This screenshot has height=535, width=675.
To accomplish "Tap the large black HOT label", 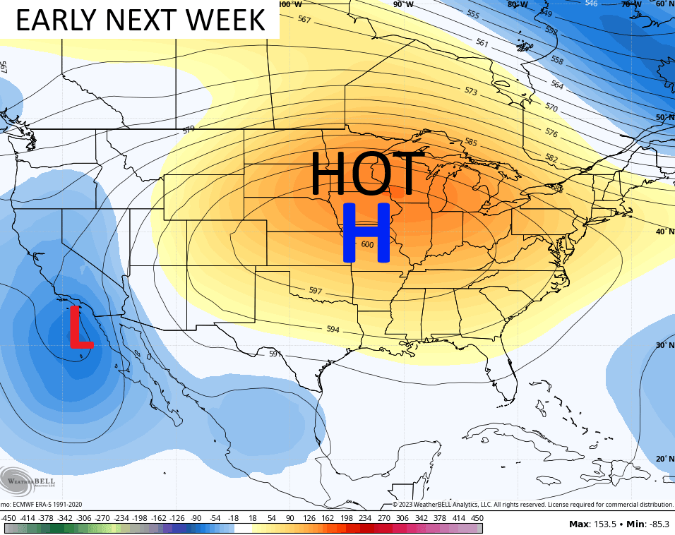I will tap(367, 174).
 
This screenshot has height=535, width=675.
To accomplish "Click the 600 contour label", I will tap(367, 245).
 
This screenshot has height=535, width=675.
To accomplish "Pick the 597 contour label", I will tap(316, 291).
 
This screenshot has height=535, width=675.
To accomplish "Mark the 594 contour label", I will tap(333, 330).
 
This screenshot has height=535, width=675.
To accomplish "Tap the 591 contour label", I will tap(275, 354).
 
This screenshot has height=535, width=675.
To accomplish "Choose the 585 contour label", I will tap(470, 142).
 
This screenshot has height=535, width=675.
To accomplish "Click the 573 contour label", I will tap(470, 92).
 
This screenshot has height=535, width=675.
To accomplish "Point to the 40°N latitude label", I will tap(664, 232).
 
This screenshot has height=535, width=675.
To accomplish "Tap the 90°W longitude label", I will tap(403, 4).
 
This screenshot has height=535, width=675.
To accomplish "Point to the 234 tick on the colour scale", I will tap(364, 518).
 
